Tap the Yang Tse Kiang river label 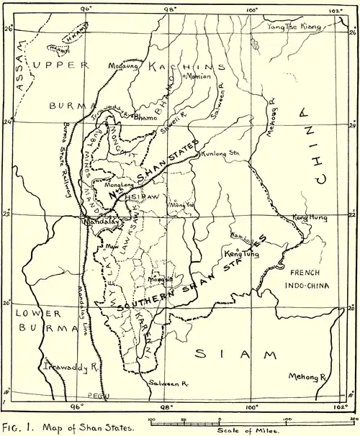click(x=292, y=27)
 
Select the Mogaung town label click(x=123, y=65)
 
